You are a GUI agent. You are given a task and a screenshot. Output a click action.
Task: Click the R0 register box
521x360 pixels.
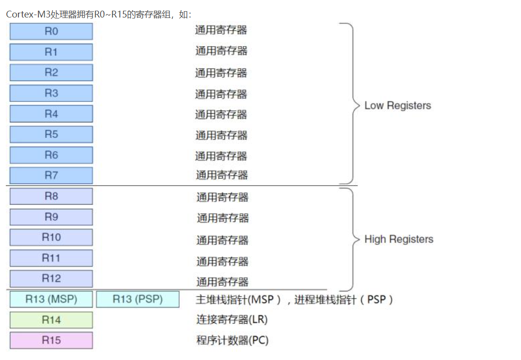pos(51,32)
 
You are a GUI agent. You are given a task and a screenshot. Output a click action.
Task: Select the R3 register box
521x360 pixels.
pos(51,93)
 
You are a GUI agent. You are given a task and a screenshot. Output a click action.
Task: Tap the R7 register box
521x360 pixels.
pos(51,175)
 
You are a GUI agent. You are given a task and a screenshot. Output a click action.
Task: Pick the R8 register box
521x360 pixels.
pos(51,196)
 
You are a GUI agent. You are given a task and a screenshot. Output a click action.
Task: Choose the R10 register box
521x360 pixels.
pos(51,238)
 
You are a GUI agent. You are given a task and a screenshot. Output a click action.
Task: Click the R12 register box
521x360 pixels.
pos(51,279)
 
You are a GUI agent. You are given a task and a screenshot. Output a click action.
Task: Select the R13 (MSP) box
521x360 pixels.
pos(51,299)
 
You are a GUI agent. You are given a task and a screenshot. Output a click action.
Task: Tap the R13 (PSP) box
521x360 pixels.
pos(137,299)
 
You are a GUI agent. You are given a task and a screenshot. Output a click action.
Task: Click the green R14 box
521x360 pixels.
pos(51,320)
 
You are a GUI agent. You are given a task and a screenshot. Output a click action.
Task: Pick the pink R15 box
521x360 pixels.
pos(51,340)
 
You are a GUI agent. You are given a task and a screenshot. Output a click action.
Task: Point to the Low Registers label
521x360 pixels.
pos(398,105)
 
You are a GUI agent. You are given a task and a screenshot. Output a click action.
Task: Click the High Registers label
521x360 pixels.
pos(399,239)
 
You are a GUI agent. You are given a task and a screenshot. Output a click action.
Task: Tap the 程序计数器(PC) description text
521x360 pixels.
pos(232,340)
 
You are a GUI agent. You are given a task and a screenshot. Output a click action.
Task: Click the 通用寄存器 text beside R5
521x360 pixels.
pos(221,135)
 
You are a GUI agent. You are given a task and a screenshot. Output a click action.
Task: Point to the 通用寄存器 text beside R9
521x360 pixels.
pos(222,218)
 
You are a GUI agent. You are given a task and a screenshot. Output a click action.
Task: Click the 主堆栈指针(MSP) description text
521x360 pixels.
pos(238,299)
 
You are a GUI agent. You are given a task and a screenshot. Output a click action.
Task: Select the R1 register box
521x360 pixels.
pos(51,52)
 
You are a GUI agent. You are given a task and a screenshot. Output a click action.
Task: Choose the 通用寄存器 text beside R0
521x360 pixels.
pos(221,30)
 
